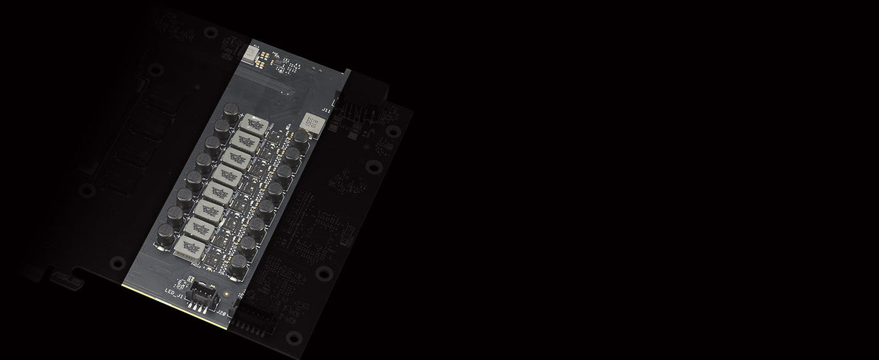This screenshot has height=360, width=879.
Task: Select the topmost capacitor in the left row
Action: coord(231,110)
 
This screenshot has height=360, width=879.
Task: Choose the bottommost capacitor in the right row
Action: coord(238,263)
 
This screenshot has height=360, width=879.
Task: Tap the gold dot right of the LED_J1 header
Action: coord(227,293)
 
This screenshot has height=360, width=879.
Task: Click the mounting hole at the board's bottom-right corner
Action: coord(293,336)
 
